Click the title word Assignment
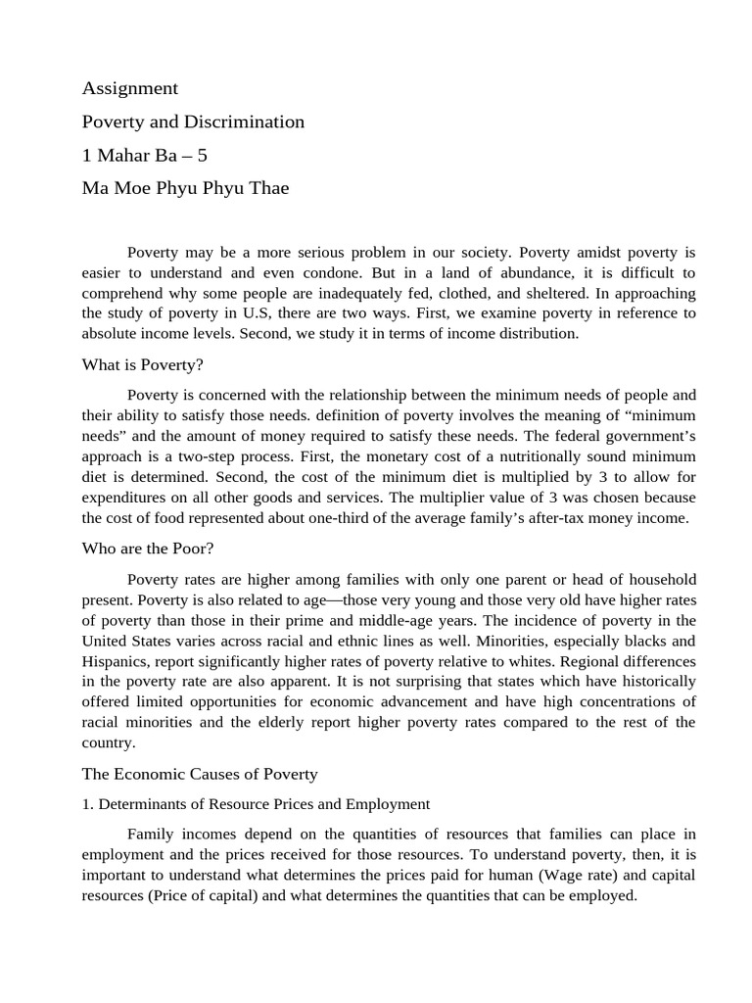tap(130, 88)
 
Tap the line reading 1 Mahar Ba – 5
tap(145, 155)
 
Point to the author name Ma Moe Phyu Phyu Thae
tap(185, 188)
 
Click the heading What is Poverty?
tap(142, 365)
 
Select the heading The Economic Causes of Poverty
tap(200, 774)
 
